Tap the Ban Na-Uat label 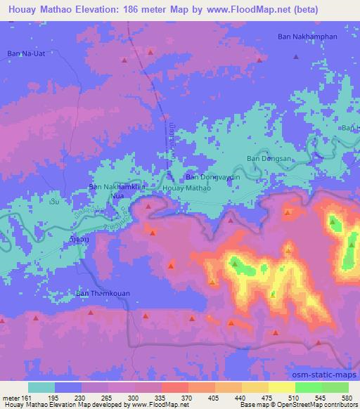[x=27, y=53]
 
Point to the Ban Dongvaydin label [x=212, y=178]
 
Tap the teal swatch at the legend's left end [x=41, y=387]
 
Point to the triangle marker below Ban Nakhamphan [x=296, y=57]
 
